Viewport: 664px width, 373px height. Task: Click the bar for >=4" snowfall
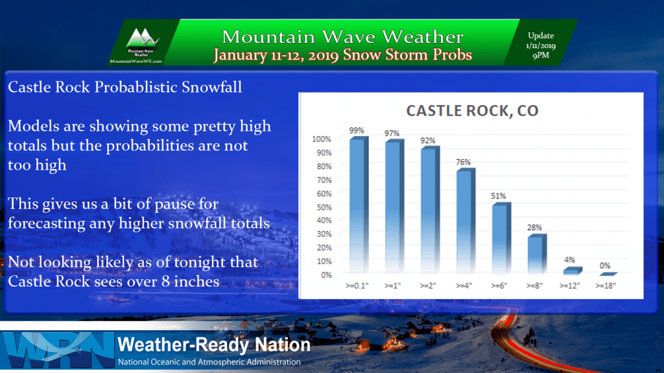(x=466, y=221)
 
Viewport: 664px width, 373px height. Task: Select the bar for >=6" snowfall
(x=501, y=238)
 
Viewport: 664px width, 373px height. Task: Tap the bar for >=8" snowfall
(x=537, y=254)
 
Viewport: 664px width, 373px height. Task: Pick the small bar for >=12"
(x=573, y=271)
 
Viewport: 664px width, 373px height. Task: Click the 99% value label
(x=357, y=131)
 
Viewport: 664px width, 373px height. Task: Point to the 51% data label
(x=499, y=196)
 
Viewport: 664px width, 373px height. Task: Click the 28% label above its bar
(x=534, y=227)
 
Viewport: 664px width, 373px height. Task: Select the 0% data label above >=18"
(x=605, y=266)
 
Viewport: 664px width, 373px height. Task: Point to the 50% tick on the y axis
(x=324, y=207)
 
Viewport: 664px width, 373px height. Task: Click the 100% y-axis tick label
(x=322, y=139)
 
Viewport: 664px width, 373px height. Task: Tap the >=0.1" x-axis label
(x=357, y=286)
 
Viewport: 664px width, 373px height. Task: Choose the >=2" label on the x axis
(x=428, y=286)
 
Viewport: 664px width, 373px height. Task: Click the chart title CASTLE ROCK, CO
(x=472, y=111)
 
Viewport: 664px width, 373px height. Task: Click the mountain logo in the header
(x=143, y=39)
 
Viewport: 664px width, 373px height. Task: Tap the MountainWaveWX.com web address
(x=136, y=62)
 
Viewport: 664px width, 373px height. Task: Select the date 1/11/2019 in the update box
(x=541, y=46)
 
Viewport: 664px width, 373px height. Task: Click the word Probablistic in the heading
(x=136, y=87)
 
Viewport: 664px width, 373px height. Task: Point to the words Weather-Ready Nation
(x=214, y=345)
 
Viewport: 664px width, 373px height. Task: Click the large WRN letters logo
(x=58, y=350)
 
